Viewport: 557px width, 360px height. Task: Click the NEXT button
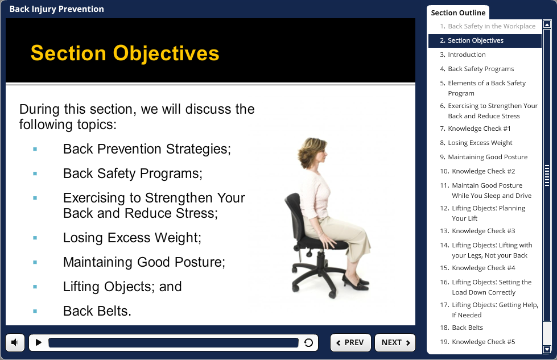coord(395,342)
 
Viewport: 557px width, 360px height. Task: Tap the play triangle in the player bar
coord(38,342)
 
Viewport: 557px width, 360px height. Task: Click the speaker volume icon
coord(15,342)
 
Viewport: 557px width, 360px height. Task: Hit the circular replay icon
coord(308,342)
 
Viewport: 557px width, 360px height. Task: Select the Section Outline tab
coord(458,13)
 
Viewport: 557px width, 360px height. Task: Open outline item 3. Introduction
coord(467,55)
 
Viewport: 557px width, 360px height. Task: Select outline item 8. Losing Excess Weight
coord(480,143)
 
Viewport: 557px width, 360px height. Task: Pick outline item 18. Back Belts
coord(467,328)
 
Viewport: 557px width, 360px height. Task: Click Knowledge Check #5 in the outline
coord(483,342)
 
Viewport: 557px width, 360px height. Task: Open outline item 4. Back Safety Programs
coord(481,69)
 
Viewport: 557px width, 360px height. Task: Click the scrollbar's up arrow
coord(547,24)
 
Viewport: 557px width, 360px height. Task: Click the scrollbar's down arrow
coord(547,349)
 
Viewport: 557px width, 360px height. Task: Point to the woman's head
coord(312,152)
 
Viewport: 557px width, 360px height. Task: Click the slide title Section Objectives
coord(125,53)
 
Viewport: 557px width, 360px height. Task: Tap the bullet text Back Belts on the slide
coord(97,311)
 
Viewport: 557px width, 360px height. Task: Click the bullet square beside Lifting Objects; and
coord(35,287)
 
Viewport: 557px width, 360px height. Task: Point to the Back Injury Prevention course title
coord(57,9)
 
